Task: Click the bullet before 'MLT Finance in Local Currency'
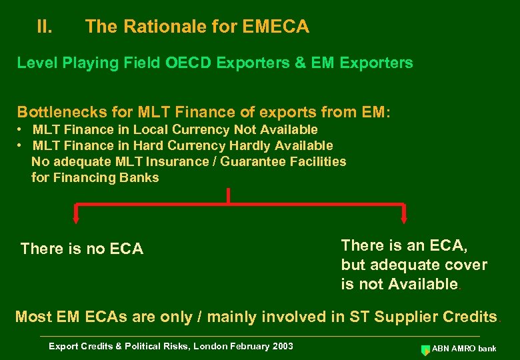coord(21,129)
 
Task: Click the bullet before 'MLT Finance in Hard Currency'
coord(21,145)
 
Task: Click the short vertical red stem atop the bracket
coord(229,195)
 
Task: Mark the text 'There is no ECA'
coord(82,249)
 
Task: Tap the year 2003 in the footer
coord(281,346)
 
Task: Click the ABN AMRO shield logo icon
coord(425,349)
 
